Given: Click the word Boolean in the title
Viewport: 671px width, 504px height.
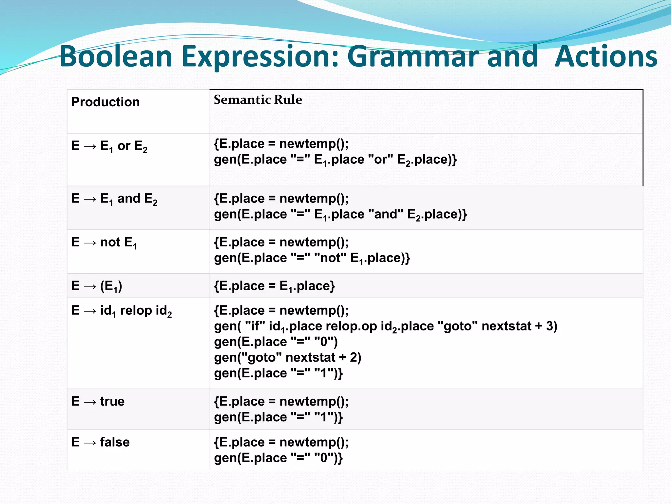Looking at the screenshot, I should coord(116,56).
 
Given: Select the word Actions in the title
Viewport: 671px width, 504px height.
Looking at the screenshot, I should coord(606,56).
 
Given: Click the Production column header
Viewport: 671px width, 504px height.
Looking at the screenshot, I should coord(105,102).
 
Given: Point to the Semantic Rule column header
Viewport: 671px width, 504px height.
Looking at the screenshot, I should coord(258,100).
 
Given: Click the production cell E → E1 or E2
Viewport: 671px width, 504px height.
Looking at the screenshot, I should coord(109,146).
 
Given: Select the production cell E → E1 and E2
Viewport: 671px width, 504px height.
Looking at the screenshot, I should coord(114,199).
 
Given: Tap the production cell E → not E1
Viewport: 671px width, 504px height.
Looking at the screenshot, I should coord(104,242).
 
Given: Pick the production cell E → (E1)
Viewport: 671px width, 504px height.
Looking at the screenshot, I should coord(97,286).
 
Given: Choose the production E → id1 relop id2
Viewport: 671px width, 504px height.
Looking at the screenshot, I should coord(122,311).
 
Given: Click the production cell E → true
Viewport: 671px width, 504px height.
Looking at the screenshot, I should coord(98,401).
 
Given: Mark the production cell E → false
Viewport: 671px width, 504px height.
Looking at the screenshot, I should coord(101,442).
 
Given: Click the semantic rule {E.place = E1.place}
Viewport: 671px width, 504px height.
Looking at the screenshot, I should coord(274,286).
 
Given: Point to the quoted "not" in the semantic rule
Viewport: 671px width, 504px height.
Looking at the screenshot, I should coord(330,258).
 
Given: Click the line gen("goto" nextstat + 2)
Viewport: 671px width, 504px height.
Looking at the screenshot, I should coord(287,358).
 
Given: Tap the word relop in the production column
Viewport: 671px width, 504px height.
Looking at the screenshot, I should coord(136,311).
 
